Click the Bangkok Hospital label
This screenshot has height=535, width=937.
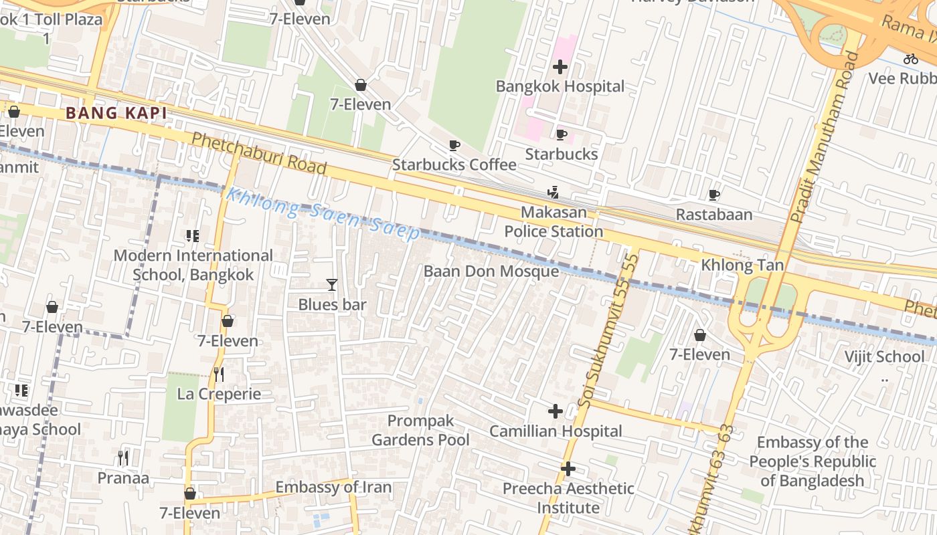(x=560, y=86)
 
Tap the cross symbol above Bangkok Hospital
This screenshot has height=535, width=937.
(x=560, y=67)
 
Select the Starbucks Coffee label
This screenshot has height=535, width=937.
(x=454, y=165)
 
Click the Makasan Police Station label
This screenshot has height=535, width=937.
(x=553, y=222)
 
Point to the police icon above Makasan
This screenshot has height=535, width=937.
(x=553, y=193)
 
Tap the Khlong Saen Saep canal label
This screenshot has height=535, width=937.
(x=323, y=213)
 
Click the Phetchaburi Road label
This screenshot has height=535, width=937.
(x=259, y=153)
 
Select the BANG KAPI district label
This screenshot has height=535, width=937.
(x=116, y=113)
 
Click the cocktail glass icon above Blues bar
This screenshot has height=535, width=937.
(x=331, y=285)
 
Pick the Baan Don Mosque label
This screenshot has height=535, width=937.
(x=491, y=272)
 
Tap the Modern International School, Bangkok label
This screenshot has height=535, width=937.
(x=193, y=265)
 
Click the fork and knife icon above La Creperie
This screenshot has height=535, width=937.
(x=218, y=374)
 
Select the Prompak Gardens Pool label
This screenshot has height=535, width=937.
(x=420, y=430)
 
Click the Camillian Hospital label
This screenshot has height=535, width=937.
(x=556, y=431)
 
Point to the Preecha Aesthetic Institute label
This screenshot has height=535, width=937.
(x=568, y=498)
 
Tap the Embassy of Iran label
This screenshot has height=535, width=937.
(x=333, y=487)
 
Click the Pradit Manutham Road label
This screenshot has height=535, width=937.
(x=824, y=137)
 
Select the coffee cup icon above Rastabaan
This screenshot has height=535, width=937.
(x=714, y=195)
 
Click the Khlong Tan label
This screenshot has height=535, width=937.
(x=742, y=265)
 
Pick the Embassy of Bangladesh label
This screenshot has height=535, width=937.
(x=812, y=461)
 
